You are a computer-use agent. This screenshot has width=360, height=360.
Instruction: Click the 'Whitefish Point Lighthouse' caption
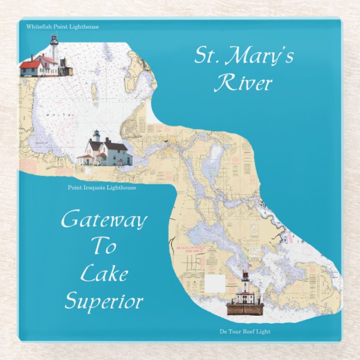pos(62,26)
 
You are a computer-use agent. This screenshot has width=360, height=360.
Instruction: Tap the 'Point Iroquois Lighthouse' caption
pos(102,188)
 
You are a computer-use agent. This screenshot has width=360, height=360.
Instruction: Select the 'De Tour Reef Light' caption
pos(245,331)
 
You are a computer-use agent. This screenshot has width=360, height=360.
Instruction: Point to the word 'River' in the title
pos(244,83)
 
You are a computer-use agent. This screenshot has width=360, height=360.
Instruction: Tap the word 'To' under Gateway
pos(103,247)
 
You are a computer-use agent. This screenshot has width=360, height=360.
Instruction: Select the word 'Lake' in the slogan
pos(104,274)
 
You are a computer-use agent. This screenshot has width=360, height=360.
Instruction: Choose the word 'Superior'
pos(104,302)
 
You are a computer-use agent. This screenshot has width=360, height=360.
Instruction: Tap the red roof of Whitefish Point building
pos(31,64)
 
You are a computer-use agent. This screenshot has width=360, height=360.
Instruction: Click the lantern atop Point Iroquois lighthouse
pos(96,134)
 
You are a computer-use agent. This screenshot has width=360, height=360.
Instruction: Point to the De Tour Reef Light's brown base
pos(245,308)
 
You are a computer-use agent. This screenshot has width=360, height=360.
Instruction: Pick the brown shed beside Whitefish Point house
pos(67,70)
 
